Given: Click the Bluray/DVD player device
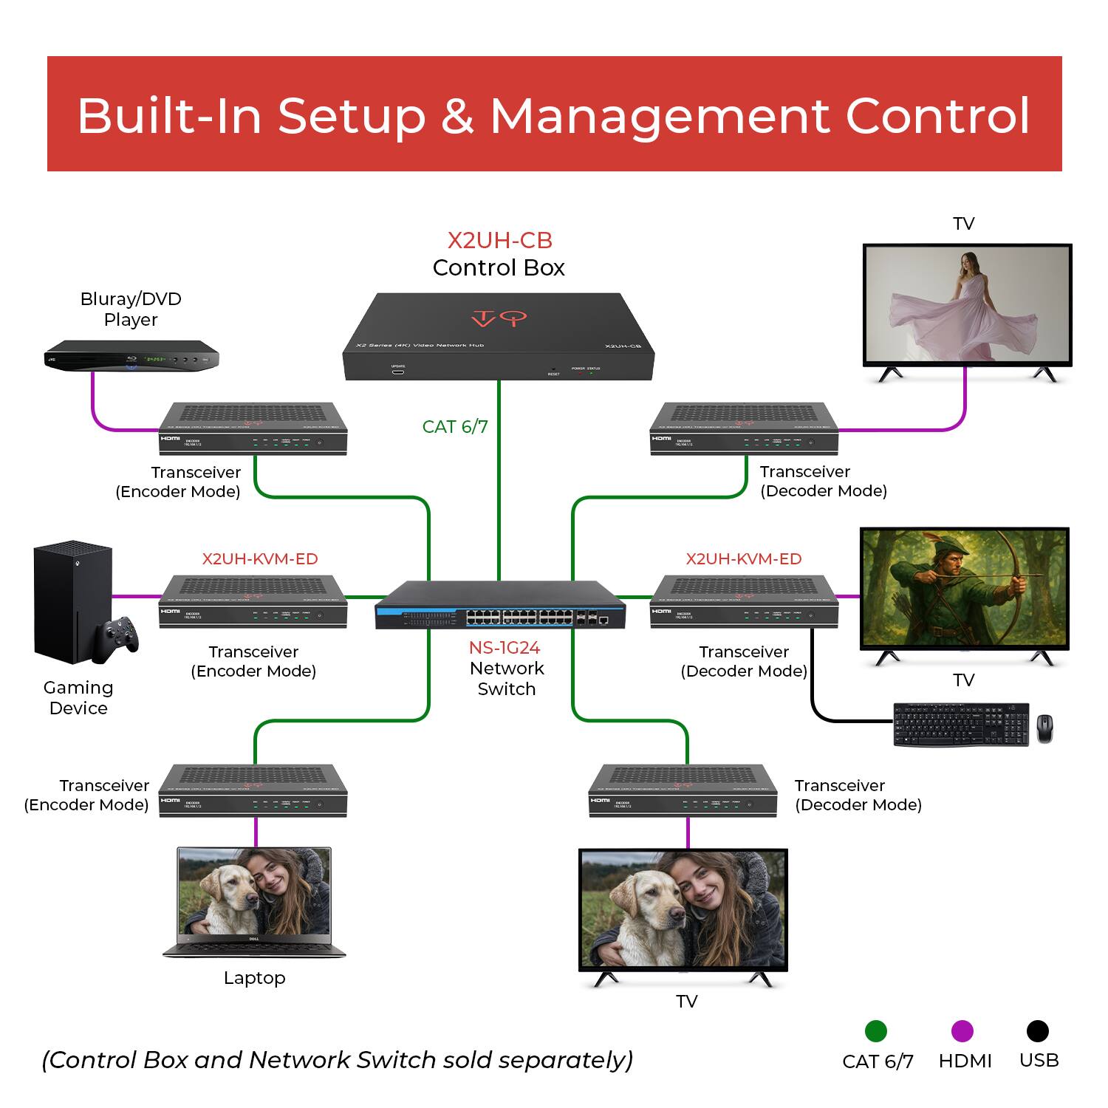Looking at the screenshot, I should tap(131, 356).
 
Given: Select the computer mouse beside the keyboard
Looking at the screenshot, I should tap(1044, 728).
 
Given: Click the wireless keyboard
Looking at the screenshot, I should tap(960, 724).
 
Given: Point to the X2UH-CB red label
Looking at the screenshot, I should tap(500, 241).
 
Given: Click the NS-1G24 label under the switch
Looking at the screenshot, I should tap(505, 648).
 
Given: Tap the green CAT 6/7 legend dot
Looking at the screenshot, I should tap(875, 1031).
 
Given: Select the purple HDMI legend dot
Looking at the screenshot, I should tap(962, 1031).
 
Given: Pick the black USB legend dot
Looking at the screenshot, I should tap(1037, 1031).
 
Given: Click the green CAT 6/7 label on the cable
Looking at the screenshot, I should tap(455, 427).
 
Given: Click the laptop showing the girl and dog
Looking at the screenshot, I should tap(254, 901).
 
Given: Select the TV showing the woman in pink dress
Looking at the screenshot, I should tap(967, 304).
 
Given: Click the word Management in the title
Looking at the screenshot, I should tap(660, 116).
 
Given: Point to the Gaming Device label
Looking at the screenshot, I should tap(78, 698).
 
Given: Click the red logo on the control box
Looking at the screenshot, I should tap(499, 318).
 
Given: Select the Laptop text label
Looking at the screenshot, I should tap(254, 978).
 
